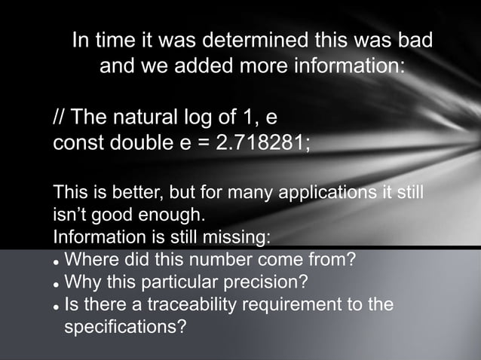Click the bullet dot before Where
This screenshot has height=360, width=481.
point(56,263)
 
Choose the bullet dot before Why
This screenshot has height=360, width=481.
point(56,285)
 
